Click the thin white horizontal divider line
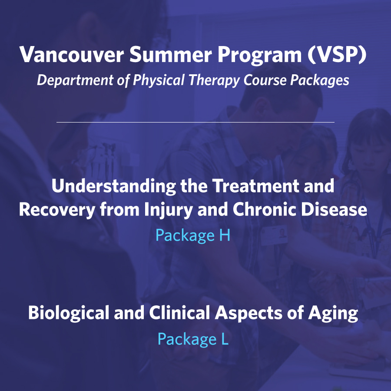(195, 123)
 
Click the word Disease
(335, 211)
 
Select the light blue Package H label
(192, 235)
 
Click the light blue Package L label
(193, 338)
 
